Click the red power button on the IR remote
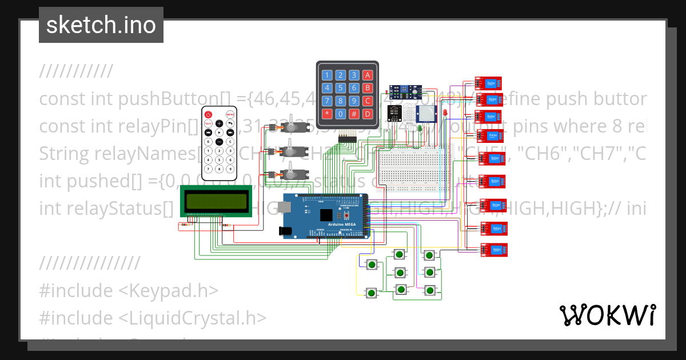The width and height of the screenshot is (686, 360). [209, 114]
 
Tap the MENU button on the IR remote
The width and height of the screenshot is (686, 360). [230, 114]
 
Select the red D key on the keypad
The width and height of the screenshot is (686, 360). [368, 113]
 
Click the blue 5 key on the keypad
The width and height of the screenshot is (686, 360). [341, 88]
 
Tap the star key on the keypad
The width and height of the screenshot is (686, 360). [327, 113]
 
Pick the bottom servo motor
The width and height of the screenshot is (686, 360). [290, 171]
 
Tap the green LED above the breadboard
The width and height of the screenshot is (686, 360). [420, 130]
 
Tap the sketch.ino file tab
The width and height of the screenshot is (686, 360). [101, 25]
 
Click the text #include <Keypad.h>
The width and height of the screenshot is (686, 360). [129, 290]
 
